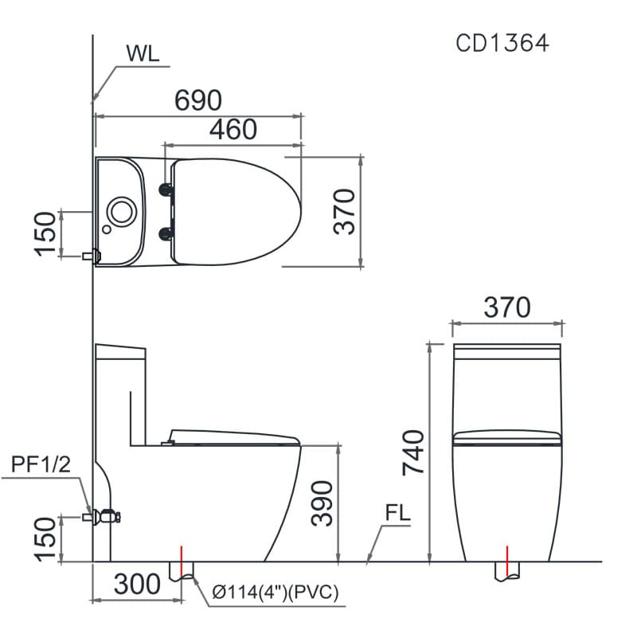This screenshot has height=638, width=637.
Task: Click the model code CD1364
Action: tap(502, 43)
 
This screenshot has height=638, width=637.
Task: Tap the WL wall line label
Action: tap(143, 54)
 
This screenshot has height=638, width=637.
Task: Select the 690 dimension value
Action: tap(197, 100)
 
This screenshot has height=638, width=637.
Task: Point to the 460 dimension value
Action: tap(233, 129)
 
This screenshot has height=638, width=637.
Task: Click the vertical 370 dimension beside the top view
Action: tap(344, 211)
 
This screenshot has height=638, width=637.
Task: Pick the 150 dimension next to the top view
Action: tap(46, 233)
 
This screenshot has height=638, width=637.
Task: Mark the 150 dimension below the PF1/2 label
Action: tap(46, 539)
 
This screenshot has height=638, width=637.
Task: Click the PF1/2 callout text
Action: tap(41, 465)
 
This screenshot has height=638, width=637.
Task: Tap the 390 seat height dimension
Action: tap(322, 503)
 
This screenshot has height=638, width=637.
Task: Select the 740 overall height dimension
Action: tap(414, 452)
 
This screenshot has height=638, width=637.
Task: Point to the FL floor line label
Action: tap(397, 514)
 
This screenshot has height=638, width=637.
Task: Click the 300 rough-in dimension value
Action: tap(137, 585)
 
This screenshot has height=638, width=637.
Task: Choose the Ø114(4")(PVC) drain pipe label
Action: tap(276, 592)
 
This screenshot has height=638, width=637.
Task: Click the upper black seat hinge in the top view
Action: tap(166, 189)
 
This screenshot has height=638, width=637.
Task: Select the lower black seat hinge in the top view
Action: tap(166, 233)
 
